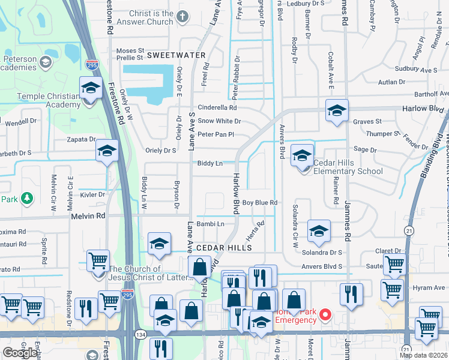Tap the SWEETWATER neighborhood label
[x=176, y=55]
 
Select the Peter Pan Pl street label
[x=215, y=134]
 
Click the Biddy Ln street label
[x=210, y=163]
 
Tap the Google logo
[x=20, y=353]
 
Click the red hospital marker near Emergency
[x=325, y=314]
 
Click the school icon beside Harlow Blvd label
[x=337, y=110]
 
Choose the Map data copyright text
[x=423, y=355]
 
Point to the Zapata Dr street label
[x=83, y=139]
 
